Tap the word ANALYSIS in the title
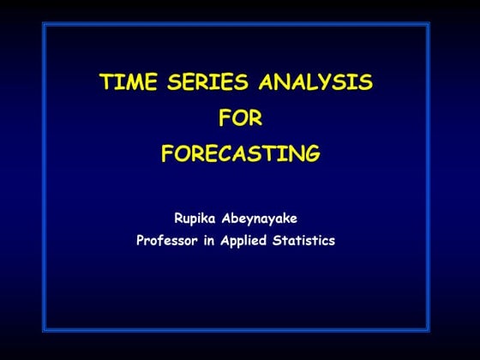(x=321, y=82)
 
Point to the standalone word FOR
(x=240, y=118)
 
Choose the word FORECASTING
(x=240, y=154)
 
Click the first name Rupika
(x=195, y=219)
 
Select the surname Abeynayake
(x=261, y=219)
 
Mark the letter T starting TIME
(x=105, y=82)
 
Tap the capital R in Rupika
(x=178, y=219)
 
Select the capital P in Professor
(x=141, y=241)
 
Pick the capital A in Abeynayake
(x=229, y=219)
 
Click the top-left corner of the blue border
(x=45, y=25)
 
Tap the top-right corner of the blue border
(x=429, y=25)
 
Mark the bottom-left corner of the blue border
(x=45, y=330)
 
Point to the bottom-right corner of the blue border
(x=429, y=330)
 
